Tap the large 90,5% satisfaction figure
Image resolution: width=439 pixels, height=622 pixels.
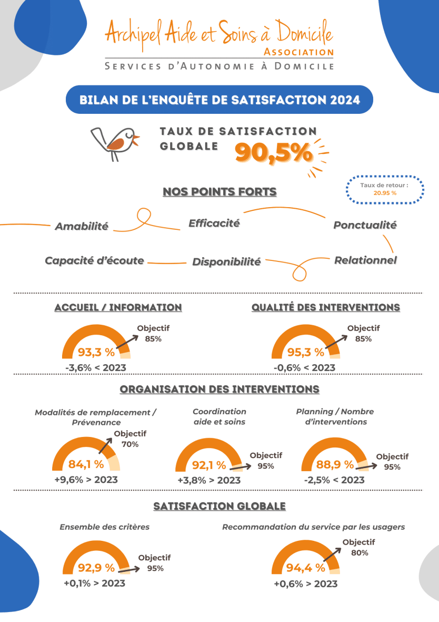pyautogui.click(x=273, y=153)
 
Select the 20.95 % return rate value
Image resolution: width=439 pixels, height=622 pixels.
pyautogui.click(x=385, y=193)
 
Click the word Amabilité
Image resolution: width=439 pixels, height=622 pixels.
pyautogui.click(x=82, y=226)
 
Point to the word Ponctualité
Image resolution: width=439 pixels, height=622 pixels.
pyautogui.click(x=365, y=225)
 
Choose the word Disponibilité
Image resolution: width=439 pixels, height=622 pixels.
pyautogui.click(x=226, y=262)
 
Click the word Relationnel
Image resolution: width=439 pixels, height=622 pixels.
pyautogui.click(x=365, y=260)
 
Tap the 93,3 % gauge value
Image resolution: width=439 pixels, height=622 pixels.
pyautogui.click(x=96, y=352)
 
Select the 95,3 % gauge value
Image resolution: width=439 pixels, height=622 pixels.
pyautogui.click(x=305, y=352)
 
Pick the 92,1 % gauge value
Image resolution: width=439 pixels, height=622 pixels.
pyautogui.click(x=209, y=465)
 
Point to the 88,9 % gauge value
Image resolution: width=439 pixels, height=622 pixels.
pyautogui.click(x=335, y=464)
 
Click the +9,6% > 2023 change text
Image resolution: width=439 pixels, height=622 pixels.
pyautogui.click(x=86, y=480)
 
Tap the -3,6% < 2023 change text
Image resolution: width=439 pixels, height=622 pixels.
pyautogui.click(x=96, y=367)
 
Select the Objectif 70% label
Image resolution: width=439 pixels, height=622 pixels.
pyautogui.click(x=129, y=439)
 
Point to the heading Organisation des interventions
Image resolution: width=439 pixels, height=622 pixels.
pyautogui.click(x=219, y=390)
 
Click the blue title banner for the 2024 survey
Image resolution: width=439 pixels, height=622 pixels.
pyautogui.click(x=219, y=100)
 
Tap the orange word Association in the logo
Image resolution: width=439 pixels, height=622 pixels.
pyautogui.click(x=298, y=52)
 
